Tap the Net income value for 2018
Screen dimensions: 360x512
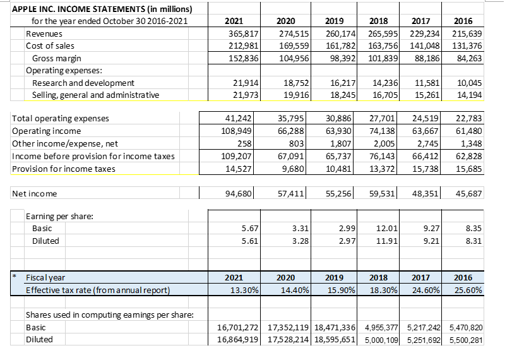383,193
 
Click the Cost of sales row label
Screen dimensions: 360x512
50,45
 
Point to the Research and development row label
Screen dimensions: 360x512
83,83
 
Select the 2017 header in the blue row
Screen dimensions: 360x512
421,277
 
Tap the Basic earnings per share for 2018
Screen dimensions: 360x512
386,228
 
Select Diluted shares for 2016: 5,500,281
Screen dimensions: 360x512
468,340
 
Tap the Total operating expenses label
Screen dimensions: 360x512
61,118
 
